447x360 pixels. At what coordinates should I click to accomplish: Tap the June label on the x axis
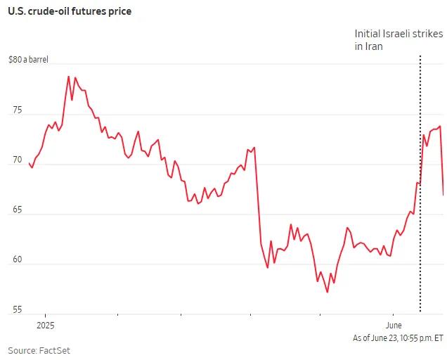394,326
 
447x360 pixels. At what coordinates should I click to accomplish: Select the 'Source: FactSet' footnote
39,350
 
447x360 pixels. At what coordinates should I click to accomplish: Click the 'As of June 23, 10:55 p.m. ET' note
398,338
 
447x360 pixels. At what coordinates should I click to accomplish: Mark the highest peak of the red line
68,76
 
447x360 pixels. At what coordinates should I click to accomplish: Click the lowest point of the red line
328,292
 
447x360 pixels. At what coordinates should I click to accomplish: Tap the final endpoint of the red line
443,195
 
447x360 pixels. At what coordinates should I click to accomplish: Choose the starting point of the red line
29,164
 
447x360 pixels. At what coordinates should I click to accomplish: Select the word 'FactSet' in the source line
54,350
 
